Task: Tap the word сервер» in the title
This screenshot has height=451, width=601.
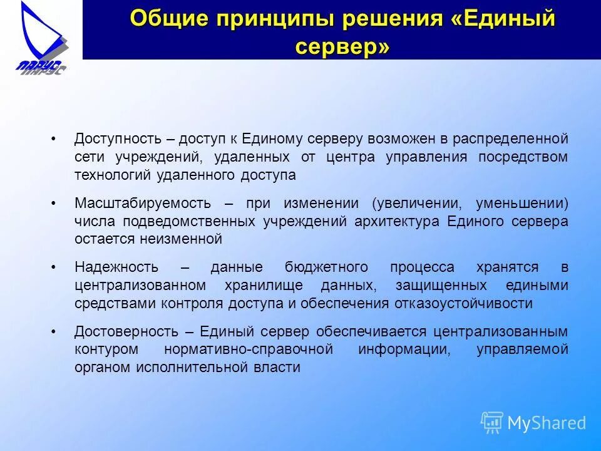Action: [342, 46]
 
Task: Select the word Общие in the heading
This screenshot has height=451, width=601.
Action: [168, 19]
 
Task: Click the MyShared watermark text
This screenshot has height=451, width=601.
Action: [547, 423]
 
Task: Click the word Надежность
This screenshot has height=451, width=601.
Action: [116, 267]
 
